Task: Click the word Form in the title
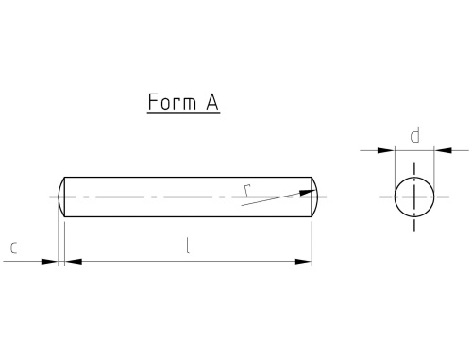coord(172,102)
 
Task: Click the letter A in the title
coord(212,102)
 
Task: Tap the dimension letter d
coord(415,136)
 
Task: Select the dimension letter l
coord(188,246)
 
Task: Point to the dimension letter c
coord(13,248)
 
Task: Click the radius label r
coord(247,190)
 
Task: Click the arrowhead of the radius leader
coord(308,192)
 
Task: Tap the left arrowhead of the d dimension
coord(386,150)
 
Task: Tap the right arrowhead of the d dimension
coord(443,150)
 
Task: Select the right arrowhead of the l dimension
coord(303,262)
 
